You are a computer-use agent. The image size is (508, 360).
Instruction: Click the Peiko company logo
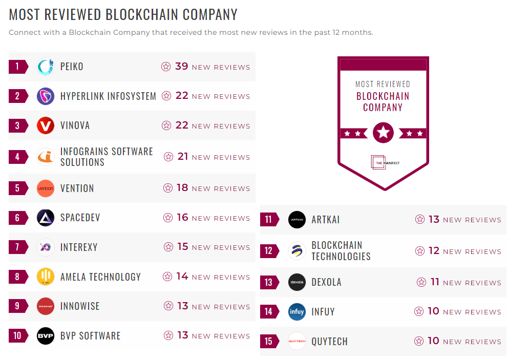tap(46, 67)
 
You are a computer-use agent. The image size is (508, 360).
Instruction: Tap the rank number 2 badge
tap(17, 96)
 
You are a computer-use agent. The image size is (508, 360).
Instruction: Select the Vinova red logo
tap(46, 125)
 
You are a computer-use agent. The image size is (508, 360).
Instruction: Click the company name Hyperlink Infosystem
tap(108, 96)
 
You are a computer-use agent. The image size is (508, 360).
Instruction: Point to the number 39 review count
tap(182, 67)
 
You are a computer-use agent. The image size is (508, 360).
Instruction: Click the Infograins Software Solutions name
tap(107, 157)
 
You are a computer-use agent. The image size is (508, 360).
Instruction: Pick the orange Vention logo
tap(46, 188)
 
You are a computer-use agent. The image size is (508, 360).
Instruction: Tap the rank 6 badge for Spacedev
tap(17, 218)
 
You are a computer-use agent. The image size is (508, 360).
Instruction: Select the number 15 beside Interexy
tap(183, 247)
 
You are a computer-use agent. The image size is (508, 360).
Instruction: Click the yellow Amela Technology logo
tap(46, 277)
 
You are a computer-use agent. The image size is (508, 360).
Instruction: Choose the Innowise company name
tap(80, 306)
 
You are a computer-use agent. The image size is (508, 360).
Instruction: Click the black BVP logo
tap(46, 336)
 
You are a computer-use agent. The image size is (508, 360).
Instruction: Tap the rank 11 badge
tap(269, 220)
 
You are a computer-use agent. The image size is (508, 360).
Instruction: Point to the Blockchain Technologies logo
tap(297, 251)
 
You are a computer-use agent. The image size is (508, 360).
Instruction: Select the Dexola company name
tap(326, 282)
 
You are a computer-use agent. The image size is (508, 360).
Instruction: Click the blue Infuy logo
tap(297, 311)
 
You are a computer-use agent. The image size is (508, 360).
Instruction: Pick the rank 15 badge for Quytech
tap(269, 341)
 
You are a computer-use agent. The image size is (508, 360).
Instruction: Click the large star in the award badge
tap(383, 133)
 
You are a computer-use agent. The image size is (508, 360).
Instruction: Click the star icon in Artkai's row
tap(420, 220)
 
